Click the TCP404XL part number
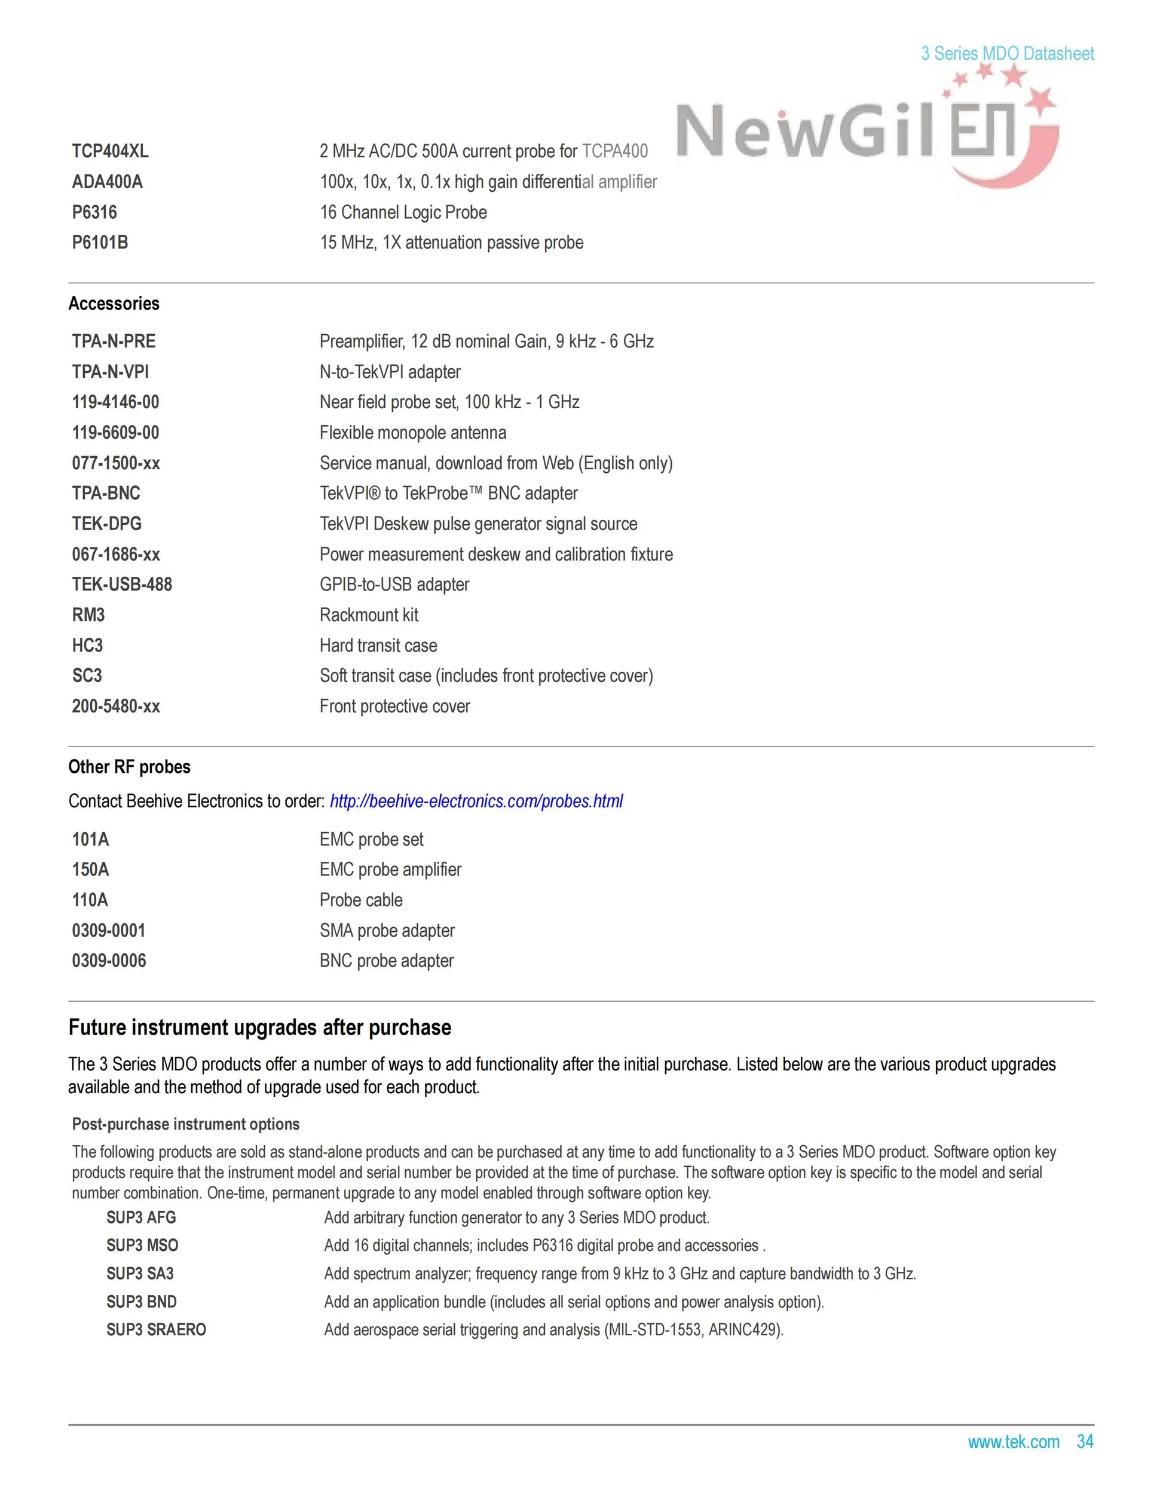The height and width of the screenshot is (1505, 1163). [110, 152]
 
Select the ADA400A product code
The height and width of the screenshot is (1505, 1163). [108, 182]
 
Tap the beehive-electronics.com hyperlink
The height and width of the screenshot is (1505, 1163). [476, 802]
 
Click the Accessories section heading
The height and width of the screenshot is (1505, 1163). [114, 304]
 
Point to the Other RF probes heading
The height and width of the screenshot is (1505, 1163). [130, 767]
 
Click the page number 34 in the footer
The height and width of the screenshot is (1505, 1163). [1085, 1442]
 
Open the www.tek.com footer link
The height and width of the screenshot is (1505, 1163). [1014, 1442]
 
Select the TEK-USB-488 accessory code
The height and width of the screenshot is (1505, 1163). [122, 585]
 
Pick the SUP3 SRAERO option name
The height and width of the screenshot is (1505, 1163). [157, 1330]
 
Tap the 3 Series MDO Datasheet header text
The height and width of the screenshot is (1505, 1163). [1007, 54]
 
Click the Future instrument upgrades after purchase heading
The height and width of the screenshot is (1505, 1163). [260, 1028]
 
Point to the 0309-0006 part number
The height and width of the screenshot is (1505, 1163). [109, 961]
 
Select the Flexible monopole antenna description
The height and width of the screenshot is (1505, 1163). [413, 433]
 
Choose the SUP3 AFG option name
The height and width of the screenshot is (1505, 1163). [141, 1218]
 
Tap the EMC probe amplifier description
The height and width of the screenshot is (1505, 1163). [390, 870]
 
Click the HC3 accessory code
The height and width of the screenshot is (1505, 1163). [87, 646]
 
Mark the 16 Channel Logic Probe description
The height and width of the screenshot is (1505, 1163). [403, 212]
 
